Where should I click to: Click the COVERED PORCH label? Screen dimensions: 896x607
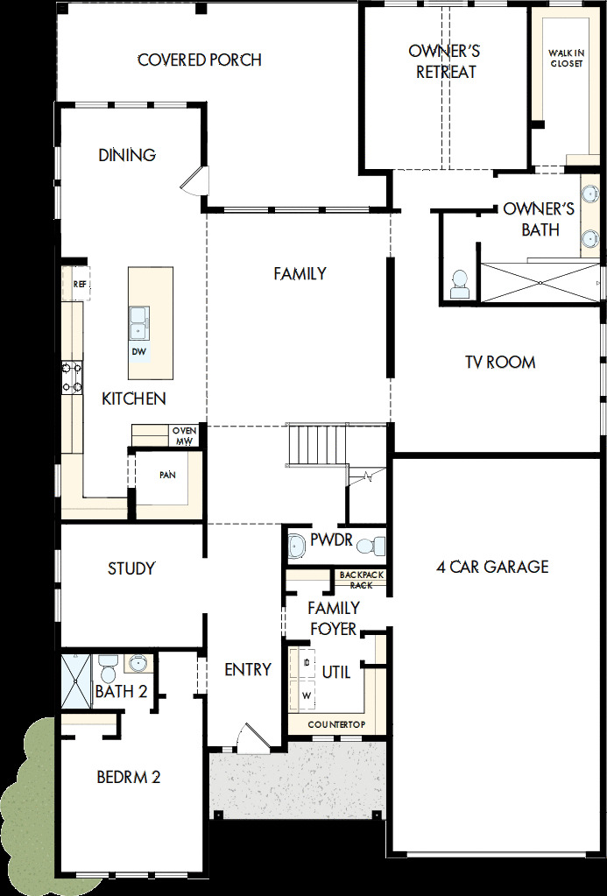200,60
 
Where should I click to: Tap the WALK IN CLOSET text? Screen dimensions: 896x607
566,58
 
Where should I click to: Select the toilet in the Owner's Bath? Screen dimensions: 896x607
460,284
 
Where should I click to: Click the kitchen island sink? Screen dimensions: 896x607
138,321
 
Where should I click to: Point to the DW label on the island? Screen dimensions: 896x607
138,351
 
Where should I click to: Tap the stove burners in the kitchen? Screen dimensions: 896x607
71,377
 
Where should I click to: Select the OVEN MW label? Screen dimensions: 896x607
183,435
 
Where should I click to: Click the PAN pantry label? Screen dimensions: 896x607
167,475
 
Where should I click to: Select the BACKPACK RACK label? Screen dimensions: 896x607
361,580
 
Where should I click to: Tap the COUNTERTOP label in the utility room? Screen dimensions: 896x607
335,725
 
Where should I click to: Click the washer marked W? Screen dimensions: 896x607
307,695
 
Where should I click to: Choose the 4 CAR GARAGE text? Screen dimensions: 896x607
491,567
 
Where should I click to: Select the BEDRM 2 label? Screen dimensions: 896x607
128,777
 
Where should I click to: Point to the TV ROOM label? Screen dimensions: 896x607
500,362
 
